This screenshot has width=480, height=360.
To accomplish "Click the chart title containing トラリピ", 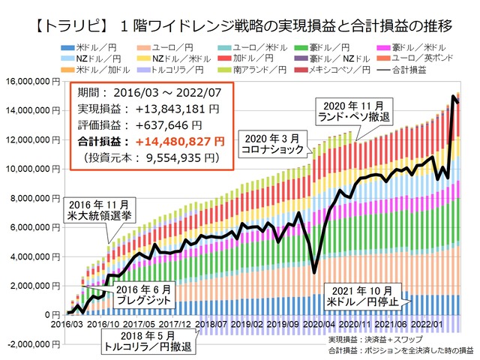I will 240,28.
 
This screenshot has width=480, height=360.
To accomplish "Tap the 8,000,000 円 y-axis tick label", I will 31,198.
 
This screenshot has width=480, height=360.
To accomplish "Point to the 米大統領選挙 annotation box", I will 101,210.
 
